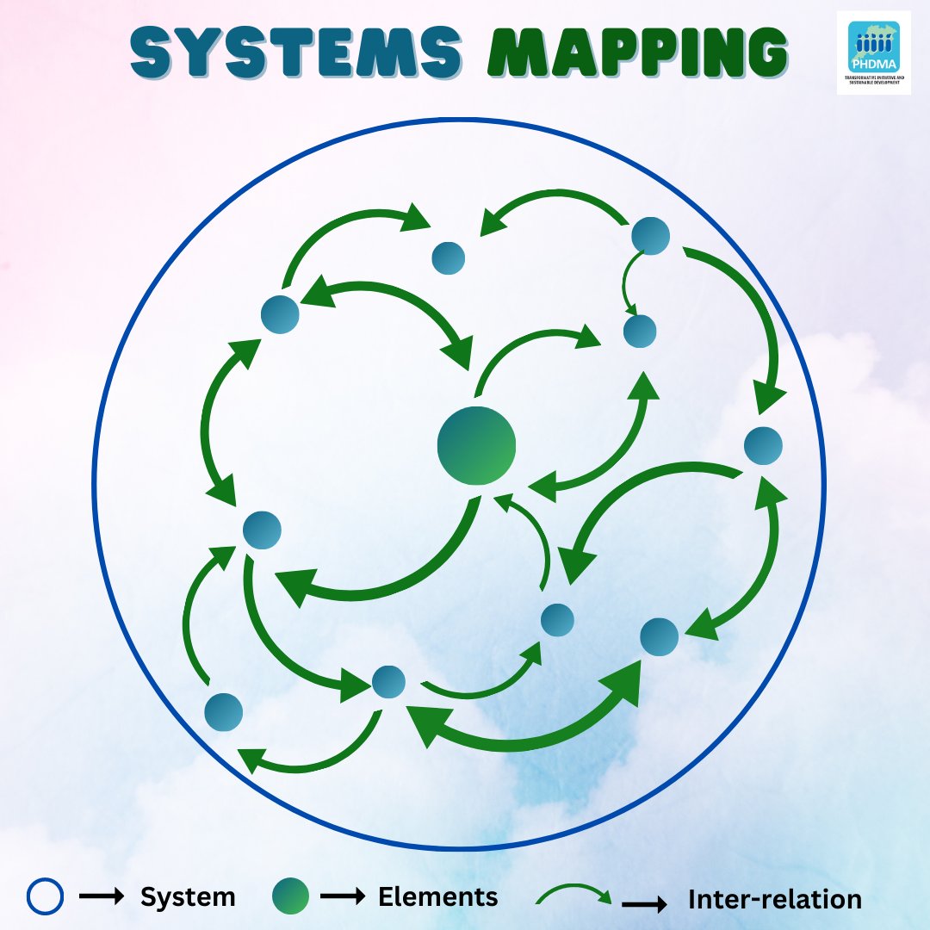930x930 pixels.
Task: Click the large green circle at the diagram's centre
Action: (476, 445)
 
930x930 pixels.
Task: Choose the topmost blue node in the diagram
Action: (651, 235)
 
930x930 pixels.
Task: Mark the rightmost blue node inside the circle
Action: (763, 445)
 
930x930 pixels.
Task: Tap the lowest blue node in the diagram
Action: (224, 712)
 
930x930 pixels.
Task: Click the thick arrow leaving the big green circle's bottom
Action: (379, 586)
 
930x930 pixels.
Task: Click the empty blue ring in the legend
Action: (45, 897)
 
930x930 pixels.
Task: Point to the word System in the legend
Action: (188, 897)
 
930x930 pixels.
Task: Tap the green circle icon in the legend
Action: (290, 897)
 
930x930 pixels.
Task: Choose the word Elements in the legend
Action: (437, 897)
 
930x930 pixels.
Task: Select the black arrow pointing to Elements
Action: (343, 897)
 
